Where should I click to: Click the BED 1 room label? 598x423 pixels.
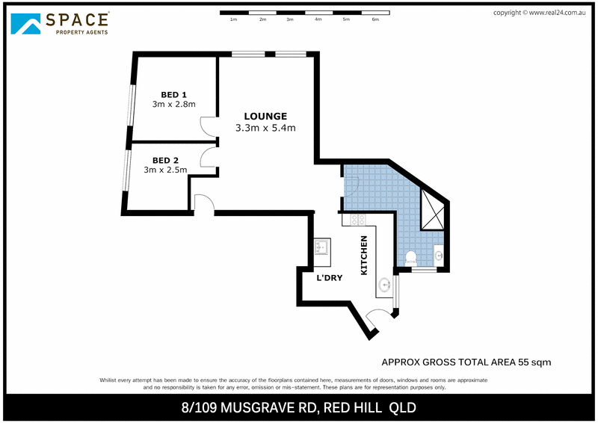(173, 94)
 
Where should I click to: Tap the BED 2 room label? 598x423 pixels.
(165, 160)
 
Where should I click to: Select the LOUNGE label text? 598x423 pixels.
(265, 116)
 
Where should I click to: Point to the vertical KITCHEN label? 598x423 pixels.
(365, 256)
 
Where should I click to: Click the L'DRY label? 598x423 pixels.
(330, 278)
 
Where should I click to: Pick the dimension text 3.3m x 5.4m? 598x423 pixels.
(265, 128)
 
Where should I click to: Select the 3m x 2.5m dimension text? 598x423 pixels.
(165, 170)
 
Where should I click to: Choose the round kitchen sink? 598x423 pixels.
(385, 285)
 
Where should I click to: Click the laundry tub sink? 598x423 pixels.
(322, 247)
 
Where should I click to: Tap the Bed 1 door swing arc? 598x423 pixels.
(207, 127)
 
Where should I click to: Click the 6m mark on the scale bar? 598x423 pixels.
(375, 19)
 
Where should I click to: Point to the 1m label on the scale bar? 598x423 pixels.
(234, 19)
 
